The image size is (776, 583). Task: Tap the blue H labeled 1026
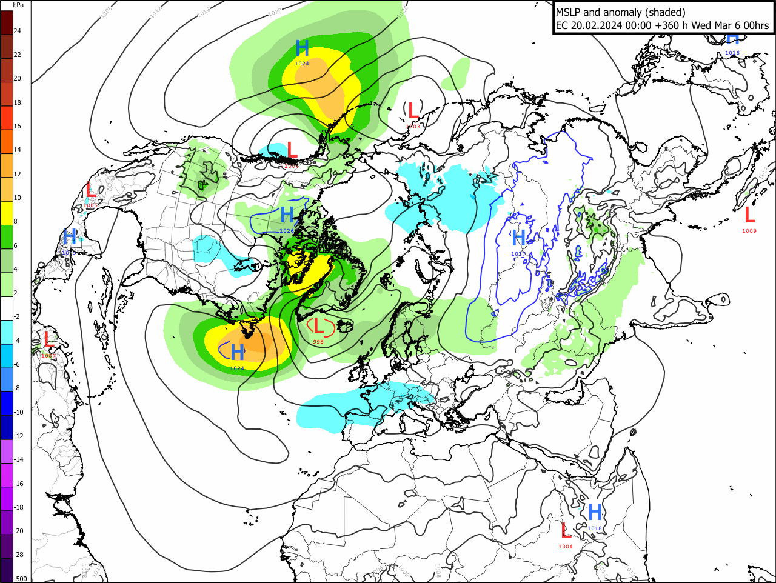(287, 215)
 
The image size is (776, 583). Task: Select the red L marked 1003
(413, 111)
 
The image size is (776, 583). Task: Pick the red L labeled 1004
(566, 531)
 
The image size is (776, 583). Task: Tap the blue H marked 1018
(595, 513)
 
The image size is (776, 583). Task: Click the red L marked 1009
(749, 215)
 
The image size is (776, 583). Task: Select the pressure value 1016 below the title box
(732, 53)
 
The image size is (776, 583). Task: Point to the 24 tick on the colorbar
(18, 31)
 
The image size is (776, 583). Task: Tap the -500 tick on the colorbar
(21, 579)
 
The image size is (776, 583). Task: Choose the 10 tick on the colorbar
(18, 198)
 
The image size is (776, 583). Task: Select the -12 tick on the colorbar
(19, 436)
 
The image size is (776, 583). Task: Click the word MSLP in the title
(569, 12)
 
